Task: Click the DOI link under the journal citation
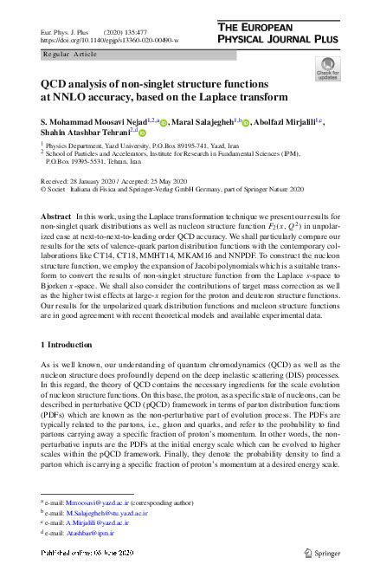coord(110,41)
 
